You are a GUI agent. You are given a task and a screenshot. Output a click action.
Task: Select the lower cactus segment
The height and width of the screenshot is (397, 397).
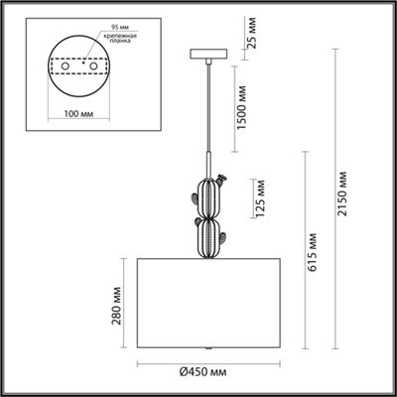[208, 238]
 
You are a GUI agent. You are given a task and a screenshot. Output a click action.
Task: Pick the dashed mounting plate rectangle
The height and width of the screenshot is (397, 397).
[80, 66]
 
